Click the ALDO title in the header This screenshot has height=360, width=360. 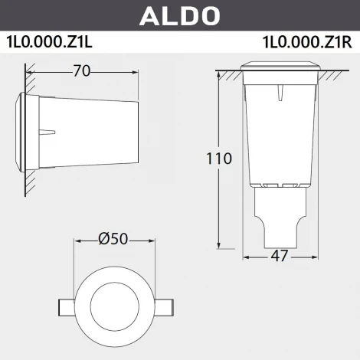179,15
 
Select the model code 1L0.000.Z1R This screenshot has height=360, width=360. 306,41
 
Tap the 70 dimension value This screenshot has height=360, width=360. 82,71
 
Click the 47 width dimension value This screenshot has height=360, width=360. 280,256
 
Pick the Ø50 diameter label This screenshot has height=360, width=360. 113,239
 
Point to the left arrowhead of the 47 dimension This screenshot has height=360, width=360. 247,257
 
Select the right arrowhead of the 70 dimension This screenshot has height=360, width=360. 136,72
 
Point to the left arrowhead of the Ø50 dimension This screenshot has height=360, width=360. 77,240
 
